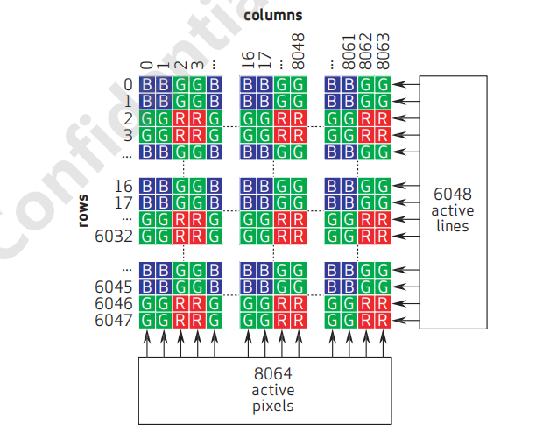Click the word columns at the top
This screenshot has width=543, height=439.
coord(272,15)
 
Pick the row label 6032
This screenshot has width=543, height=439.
coord(113,236)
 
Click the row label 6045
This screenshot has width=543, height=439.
coord(113,287)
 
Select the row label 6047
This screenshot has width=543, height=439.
coord(113,320)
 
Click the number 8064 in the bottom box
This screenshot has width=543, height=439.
coord(273,373)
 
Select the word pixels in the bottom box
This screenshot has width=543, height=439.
coord(273,406)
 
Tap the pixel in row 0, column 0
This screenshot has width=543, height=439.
coord(147,85)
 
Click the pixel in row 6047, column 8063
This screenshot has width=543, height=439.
coord(382,320)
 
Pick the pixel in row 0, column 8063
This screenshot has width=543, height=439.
coord(382,85)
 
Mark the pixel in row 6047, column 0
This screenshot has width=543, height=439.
coord(147,320)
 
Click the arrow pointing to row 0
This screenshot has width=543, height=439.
coord(405,85)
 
